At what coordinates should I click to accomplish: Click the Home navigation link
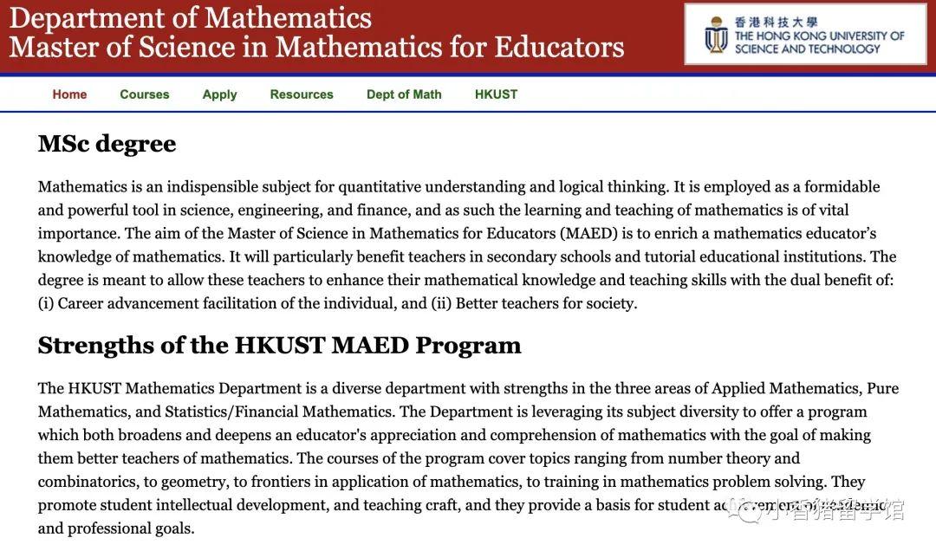(69, 94)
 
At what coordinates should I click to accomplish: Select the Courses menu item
(145, 94)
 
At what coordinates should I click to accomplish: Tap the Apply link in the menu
(219, 94)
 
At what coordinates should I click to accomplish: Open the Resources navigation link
(302, 94)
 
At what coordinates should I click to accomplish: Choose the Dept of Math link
(404, 94)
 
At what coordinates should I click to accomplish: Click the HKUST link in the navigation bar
(496, 94)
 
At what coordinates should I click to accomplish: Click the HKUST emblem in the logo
(716, 35)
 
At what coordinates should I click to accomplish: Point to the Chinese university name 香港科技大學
(777, 22)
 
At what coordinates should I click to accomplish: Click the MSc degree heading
(107, 144)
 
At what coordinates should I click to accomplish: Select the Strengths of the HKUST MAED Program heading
(279, 346)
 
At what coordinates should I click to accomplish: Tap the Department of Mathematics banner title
(191, 17)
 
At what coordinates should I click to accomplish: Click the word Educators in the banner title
(562, 47)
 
